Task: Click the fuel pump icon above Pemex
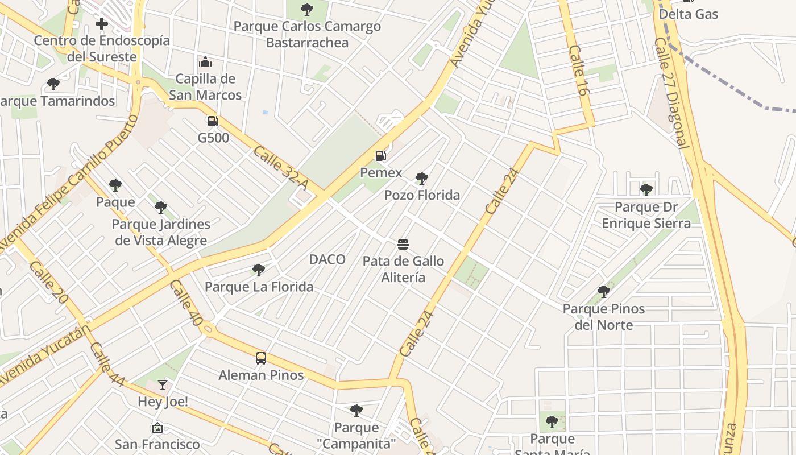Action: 380,155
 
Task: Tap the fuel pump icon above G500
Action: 213,121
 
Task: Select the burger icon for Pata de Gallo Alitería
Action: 403,245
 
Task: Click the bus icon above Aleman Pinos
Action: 261,358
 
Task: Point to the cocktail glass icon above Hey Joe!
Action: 163,385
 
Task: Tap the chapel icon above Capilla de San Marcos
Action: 205,62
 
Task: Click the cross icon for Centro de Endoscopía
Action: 102,24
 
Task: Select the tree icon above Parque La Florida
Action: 259,270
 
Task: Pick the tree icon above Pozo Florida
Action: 421,179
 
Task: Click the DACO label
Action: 327,259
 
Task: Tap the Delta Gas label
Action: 689,14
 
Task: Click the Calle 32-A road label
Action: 280,168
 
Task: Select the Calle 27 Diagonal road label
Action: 671,93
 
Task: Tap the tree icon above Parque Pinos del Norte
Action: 603,292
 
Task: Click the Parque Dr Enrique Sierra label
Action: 646,215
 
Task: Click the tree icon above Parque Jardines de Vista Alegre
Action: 161,208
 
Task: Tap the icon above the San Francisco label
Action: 157,427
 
